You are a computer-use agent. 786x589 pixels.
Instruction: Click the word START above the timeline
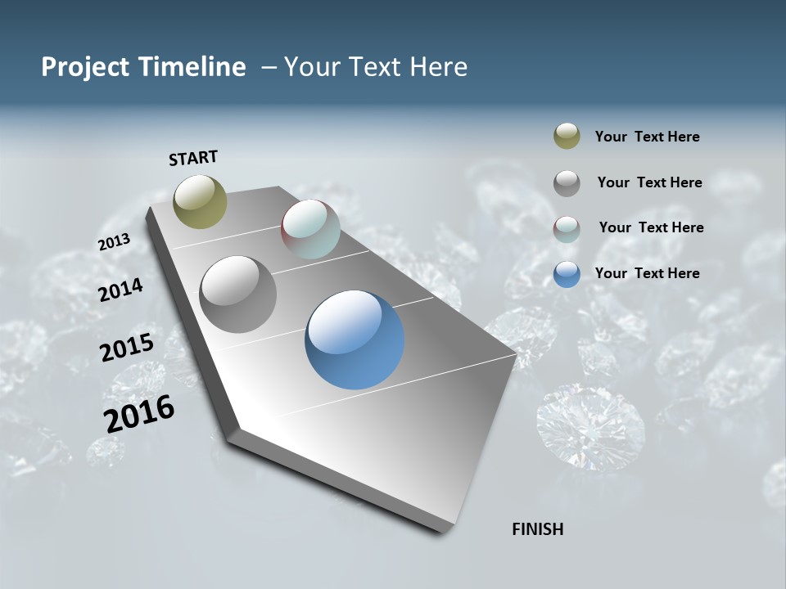[x=193, y=158]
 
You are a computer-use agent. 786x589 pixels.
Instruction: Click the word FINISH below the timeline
[x=538, y=529]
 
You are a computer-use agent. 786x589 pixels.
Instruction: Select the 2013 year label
[x=114, y=242]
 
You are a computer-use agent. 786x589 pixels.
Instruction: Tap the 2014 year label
[x=120, y=290]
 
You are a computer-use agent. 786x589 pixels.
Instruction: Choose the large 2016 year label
[x=139, y=414]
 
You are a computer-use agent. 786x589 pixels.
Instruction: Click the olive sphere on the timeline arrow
[x=200, y=201]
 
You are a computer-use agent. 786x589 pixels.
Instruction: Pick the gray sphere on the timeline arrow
[x=237, y=294]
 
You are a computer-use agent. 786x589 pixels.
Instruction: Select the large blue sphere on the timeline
[x=355, y=339]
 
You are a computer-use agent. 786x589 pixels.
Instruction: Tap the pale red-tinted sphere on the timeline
[x=310, y=229]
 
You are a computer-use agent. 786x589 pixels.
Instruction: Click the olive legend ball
[x=567, y=137]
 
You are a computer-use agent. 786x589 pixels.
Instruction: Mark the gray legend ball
[x=567, y=182]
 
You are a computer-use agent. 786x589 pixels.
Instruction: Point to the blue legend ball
[x=567, y=273]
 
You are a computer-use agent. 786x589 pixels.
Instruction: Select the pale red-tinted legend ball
[x=567, y=228]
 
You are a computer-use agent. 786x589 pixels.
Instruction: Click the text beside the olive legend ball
[x=647, y=137]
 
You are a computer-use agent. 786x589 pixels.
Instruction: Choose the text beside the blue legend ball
[x=647, y=273]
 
